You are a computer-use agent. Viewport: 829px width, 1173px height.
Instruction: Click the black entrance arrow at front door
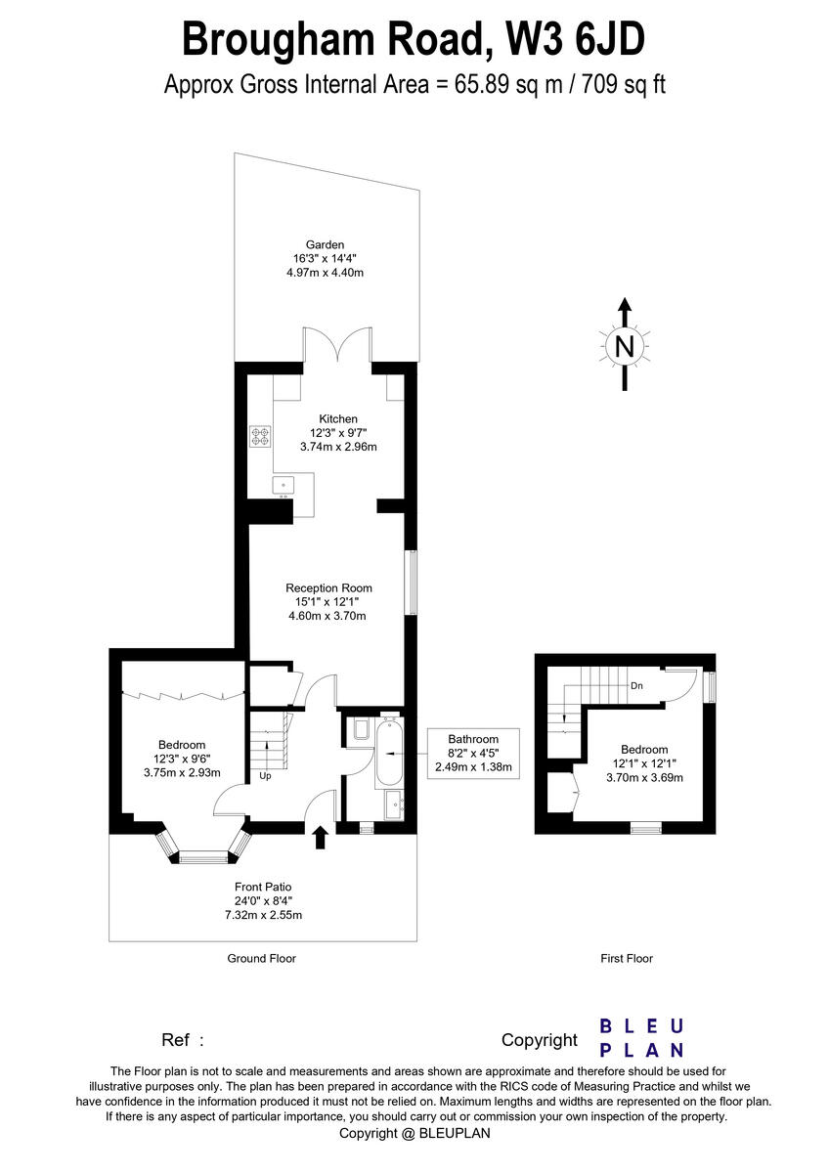point(321,838)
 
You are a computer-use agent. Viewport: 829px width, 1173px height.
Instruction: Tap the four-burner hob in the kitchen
point(260,436)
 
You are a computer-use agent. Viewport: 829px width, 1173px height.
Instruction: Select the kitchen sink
point(284,483)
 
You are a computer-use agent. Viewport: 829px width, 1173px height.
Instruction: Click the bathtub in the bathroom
point(388,753)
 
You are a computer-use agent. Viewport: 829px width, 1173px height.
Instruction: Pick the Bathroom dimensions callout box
point(473,753)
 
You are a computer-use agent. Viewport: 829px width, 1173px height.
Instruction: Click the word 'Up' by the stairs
point(265,776)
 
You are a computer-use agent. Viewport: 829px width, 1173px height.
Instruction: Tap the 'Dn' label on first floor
point(636,685)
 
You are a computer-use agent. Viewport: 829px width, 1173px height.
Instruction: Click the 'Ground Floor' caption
point(261,959)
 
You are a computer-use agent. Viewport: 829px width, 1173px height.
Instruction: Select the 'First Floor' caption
point(626,959)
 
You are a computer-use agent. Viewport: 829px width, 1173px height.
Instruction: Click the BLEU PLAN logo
point(641,1038)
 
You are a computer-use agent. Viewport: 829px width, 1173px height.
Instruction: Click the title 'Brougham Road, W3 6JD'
point(414,41)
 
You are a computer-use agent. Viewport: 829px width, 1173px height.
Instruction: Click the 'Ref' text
point(182,1040)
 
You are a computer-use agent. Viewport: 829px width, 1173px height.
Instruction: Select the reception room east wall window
point(413,584)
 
